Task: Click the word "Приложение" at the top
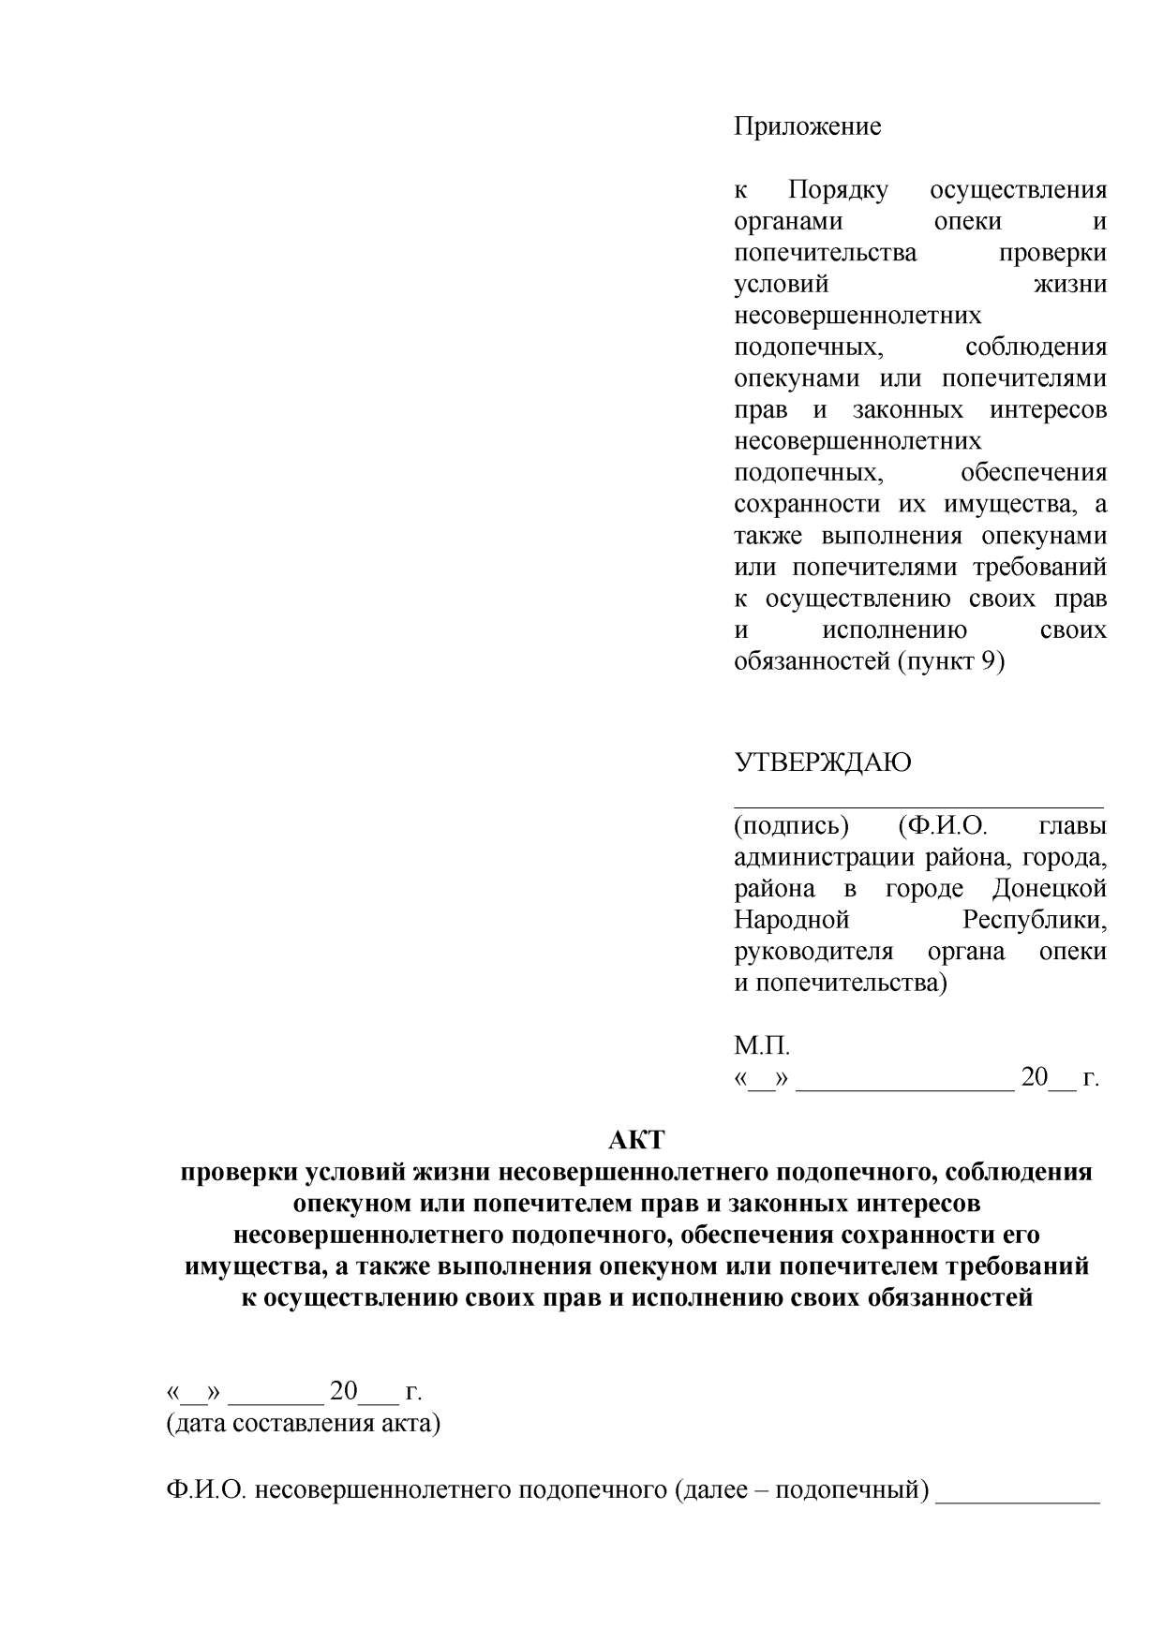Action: tap(807, 126)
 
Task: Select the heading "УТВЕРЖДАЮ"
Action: tap(822, 762)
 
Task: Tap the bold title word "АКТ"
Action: tap(636, 1140)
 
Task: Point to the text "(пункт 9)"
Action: tap(951, 661)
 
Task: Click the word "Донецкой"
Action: tap(1050, 888)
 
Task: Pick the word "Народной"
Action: tap(791, 920)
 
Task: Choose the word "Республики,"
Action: tap(1035, 920)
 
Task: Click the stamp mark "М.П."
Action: tap(762, 1045)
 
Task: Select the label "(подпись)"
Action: tap(791, 825)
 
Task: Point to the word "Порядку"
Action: tap(837, 190)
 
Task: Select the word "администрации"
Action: tap(825, 857)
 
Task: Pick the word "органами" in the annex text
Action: tap(788, 221)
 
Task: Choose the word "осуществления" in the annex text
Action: tap(1018, 190)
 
